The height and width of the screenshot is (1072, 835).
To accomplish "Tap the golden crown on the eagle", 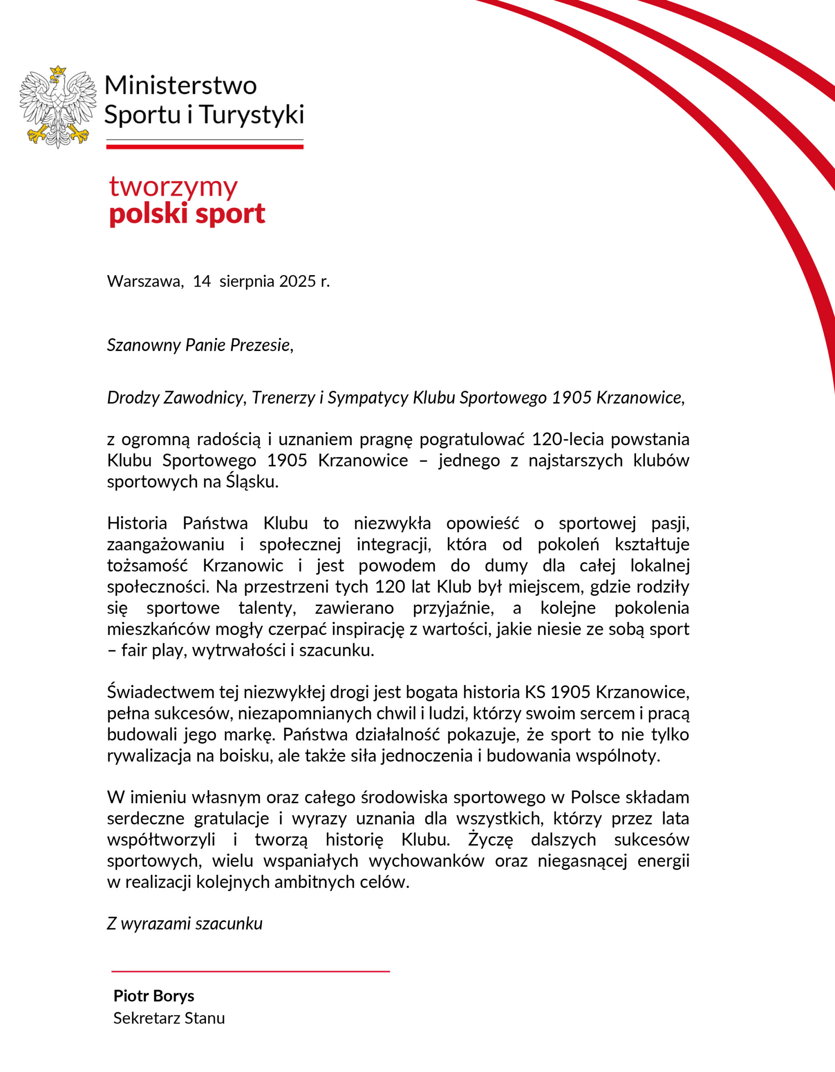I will [x=58, y=71].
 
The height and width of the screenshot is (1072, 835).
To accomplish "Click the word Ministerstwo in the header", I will [x=180, y=86].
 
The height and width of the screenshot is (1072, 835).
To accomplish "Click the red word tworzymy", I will [x=173, y=187].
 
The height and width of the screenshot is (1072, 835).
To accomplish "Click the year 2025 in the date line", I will [x=297, y=281].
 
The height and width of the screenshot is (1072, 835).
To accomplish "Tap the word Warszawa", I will [x=145, y=281].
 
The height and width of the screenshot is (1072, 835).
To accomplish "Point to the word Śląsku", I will [x=252, y=482].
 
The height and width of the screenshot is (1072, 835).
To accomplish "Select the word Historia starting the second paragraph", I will [x=137, y=524].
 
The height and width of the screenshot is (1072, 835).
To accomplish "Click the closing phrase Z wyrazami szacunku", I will [x=185, y=923].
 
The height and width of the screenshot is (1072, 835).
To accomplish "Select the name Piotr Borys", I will [x=154, y=995].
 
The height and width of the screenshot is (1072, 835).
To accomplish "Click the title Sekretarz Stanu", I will [x=169, y=1018].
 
